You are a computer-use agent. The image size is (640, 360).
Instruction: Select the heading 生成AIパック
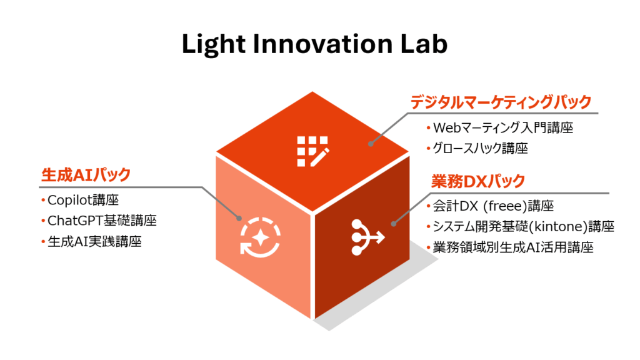coord(86,175)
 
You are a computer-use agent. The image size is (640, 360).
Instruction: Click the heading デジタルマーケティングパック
coord(501,102)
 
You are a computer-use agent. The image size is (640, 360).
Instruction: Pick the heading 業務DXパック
coord(478,181)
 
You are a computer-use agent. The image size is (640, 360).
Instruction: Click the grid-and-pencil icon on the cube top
coord(313,151)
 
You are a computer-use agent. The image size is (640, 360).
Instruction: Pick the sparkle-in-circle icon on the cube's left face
coord(261,237)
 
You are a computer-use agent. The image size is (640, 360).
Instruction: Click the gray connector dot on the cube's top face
coord(371,144)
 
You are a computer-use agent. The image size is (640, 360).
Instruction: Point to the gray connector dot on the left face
coord(239,218)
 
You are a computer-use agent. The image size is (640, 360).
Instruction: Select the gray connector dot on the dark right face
coord(394,224)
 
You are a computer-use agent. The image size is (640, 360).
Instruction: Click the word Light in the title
coord(214,44)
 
